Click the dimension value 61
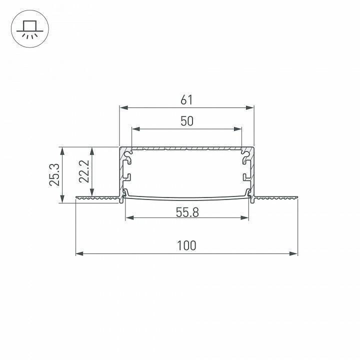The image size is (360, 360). pos(186,100)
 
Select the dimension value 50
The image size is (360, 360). pos(187,121)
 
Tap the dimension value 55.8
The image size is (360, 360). pos(187,212)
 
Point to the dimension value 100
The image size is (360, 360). pos(186,245)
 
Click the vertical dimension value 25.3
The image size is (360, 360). pos(54,175)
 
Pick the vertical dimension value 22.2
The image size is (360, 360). pos(84,171)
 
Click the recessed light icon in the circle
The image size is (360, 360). pos(30,29)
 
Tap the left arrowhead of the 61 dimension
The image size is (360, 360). pos(124,107)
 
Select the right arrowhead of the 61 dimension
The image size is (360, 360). pos(249,107)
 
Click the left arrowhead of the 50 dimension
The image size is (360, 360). pos(136,129)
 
